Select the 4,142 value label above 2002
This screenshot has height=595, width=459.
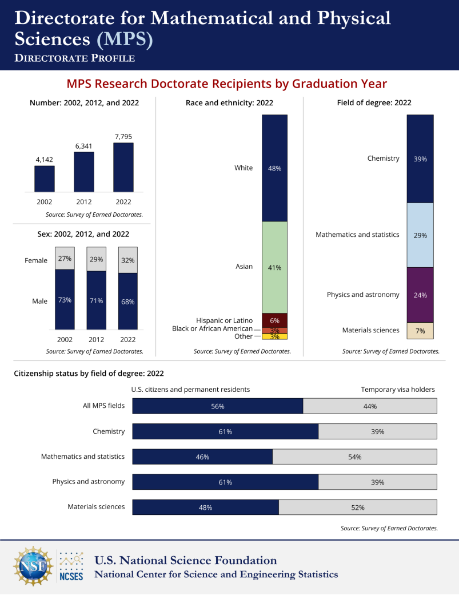click(45, 160)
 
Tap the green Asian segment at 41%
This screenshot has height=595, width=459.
click(274, 267)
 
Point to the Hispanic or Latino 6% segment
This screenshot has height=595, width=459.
click(274, 320)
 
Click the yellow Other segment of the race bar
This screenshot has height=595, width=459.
click(274, 336)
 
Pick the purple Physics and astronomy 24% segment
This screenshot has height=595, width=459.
click(420, 295)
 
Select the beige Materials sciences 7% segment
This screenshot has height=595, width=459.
click(420, 330)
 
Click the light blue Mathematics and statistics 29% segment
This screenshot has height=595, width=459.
click(420, 235)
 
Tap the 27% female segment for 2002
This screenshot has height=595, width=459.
click(65, 259)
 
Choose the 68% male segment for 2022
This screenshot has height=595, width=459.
click(127, 301)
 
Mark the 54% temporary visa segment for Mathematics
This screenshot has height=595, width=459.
click(354, 457)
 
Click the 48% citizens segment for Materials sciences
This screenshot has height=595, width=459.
click(205, 507)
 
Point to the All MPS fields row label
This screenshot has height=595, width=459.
click(103, 406)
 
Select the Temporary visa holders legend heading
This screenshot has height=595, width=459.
click(397, 390)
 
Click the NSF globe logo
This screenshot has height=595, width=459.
click(32, 566)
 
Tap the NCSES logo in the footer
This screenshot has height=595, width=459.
click(71, 566)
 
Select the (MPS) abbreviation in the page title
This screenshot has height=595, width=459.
click(125, 39)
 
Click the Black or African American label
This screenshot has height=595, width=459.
click(212, 328)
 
